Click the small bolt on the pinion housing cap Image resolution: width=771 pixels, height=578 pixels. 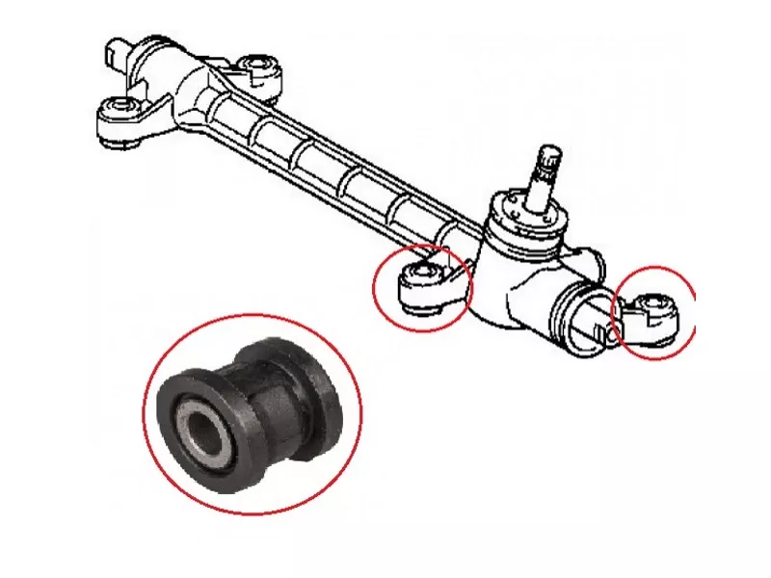point(510,204)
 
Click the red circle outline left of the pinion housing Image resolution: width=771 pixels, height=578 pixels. point(376,289)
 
